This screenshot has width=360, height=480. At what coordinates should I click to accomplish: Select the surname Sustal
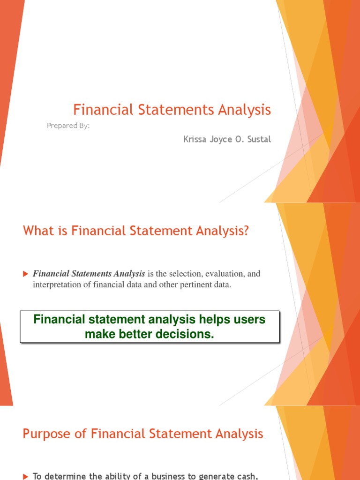pyautogui.click(x=257, y=139)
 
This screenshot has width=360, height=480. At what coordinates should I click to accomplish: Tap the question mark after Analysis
pyautogui.click(x=245, y=231)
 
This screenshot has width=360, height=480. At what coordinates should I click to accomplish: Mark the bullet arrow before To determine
pyautogui.click(x=26, y=476)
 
